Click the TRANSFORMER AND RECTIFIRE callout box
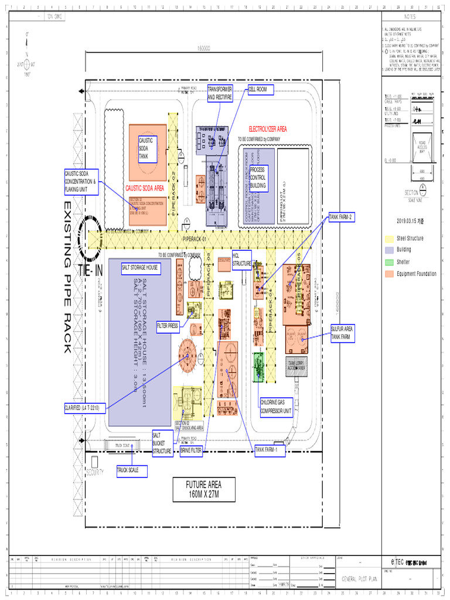click(220, 93)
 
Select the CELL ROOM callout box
click(261, 90)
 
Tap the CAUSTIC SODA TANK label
click(146, 149)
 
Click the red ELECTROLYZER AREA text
click(267, 128)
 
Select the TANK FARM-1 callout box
click(270, 450)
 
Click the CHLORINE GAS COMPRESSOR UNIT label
click(276, 406)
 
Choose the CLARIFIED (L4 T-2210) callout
click(85, 407)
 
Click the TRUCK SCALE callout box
click(131, 470)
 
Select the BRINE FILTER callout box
click(191, 450)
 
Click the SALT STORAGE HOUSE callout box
click(140, 267)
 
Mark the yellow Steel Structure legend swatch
click(389, 238)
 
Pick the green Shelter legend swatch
click(389, 262)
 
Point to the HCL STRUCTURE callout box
click(241, 260)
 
